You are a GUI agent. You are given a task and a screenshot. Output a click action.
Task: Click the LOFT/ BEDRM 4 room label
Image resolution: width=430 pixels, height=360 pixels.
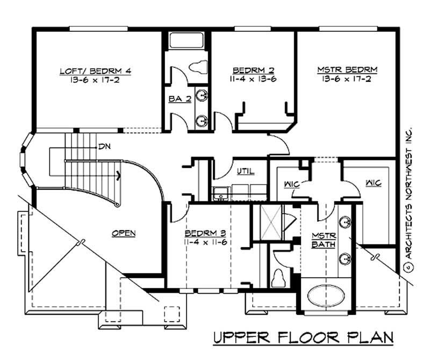click(95, 71)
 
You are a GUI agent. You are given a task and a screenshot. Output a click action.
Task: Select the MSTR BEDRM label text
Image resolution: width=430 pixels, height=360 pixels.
click(347, 70)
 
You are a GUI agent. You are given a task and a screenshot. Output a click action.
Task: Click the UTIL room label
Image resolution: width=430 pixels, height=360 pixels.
click(246, 172)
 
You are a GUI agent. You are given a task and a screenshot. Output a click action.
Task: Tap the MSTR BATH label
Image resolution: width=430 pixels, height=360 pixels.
click(324, 241)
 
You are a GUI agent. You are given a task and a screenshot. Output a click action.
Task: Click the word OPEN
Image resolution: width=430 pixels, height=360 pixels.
click(123, 234)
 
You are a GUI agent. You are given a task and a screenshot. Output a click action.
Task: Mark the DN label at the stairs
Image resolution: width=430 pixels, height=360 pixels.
click(104, 146)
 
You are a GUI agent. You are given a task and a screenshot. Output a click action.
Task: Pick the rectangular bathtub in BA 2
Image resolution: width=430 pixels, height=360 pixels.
click(185, 41)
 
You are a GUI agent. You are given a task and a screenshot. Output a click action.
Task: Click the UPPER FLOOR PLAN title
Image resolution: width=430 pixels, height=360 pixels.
click(303, 338)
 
